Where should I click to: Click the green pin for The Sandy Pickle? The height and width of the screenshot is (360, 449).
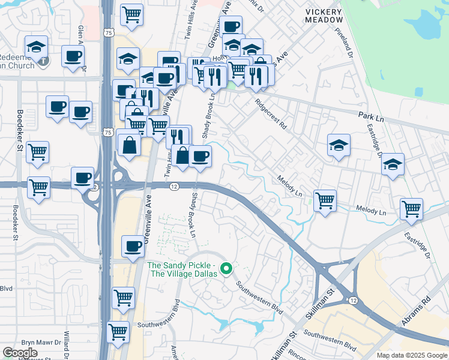[226, 269]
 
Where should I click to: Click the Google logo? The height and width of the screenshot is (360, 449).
[20, 353]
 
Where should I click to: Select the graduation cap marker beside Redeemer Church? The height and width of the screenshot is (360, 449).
[37, 46]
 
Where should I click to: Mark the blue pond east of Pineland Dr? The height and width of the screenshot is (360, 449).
[430, 24]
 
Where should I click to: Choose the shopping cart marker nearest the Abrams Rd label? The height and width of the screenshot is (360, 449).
[412, 209]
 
